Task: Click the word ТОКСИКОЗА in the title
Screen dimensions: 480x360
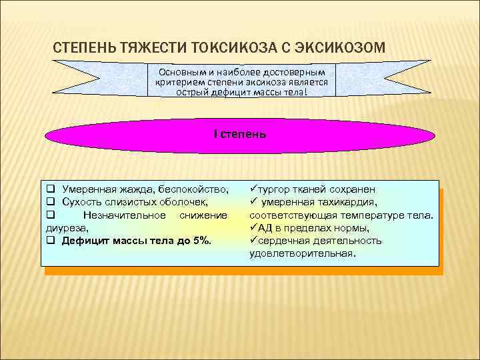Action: coord(225,48)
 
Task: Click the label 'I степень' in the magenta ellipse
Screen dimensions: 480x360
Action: coord(240,134)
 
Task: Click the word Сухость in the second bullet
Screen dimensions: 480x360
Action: coord(83,203)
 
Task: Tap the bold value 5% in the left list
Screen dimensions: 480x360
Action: coord(201,241)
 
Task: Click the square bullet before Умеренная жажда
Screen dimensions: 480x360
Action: coord(51,190)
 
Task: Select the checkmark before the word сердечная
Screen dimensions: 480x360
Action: coord(253,241)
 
